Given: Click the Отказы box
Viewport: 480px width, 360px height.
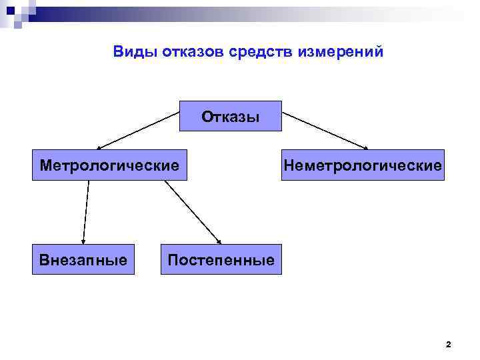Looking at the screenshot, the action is pyautogui.click(x=231, y=116).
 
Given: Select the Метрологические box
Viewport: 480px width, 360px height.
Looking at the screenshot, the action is pyautogui.click(x=109, y=165).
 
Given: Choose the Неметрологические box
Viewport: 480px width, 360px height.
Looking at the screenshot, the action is pyautogui.click(x=362, y=165).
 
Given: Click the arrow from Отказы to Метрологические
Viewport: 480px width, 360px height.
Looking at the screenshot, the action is pyautogui.click(x=139, y=131).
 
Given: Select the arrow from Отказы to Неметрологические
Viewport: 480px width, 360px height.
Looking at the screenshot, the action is pyautogui.click(x=325, y=130).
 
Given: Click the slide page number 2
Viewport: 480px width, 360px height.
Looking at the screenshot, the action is pyautogui.click(x=448, y=345).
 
